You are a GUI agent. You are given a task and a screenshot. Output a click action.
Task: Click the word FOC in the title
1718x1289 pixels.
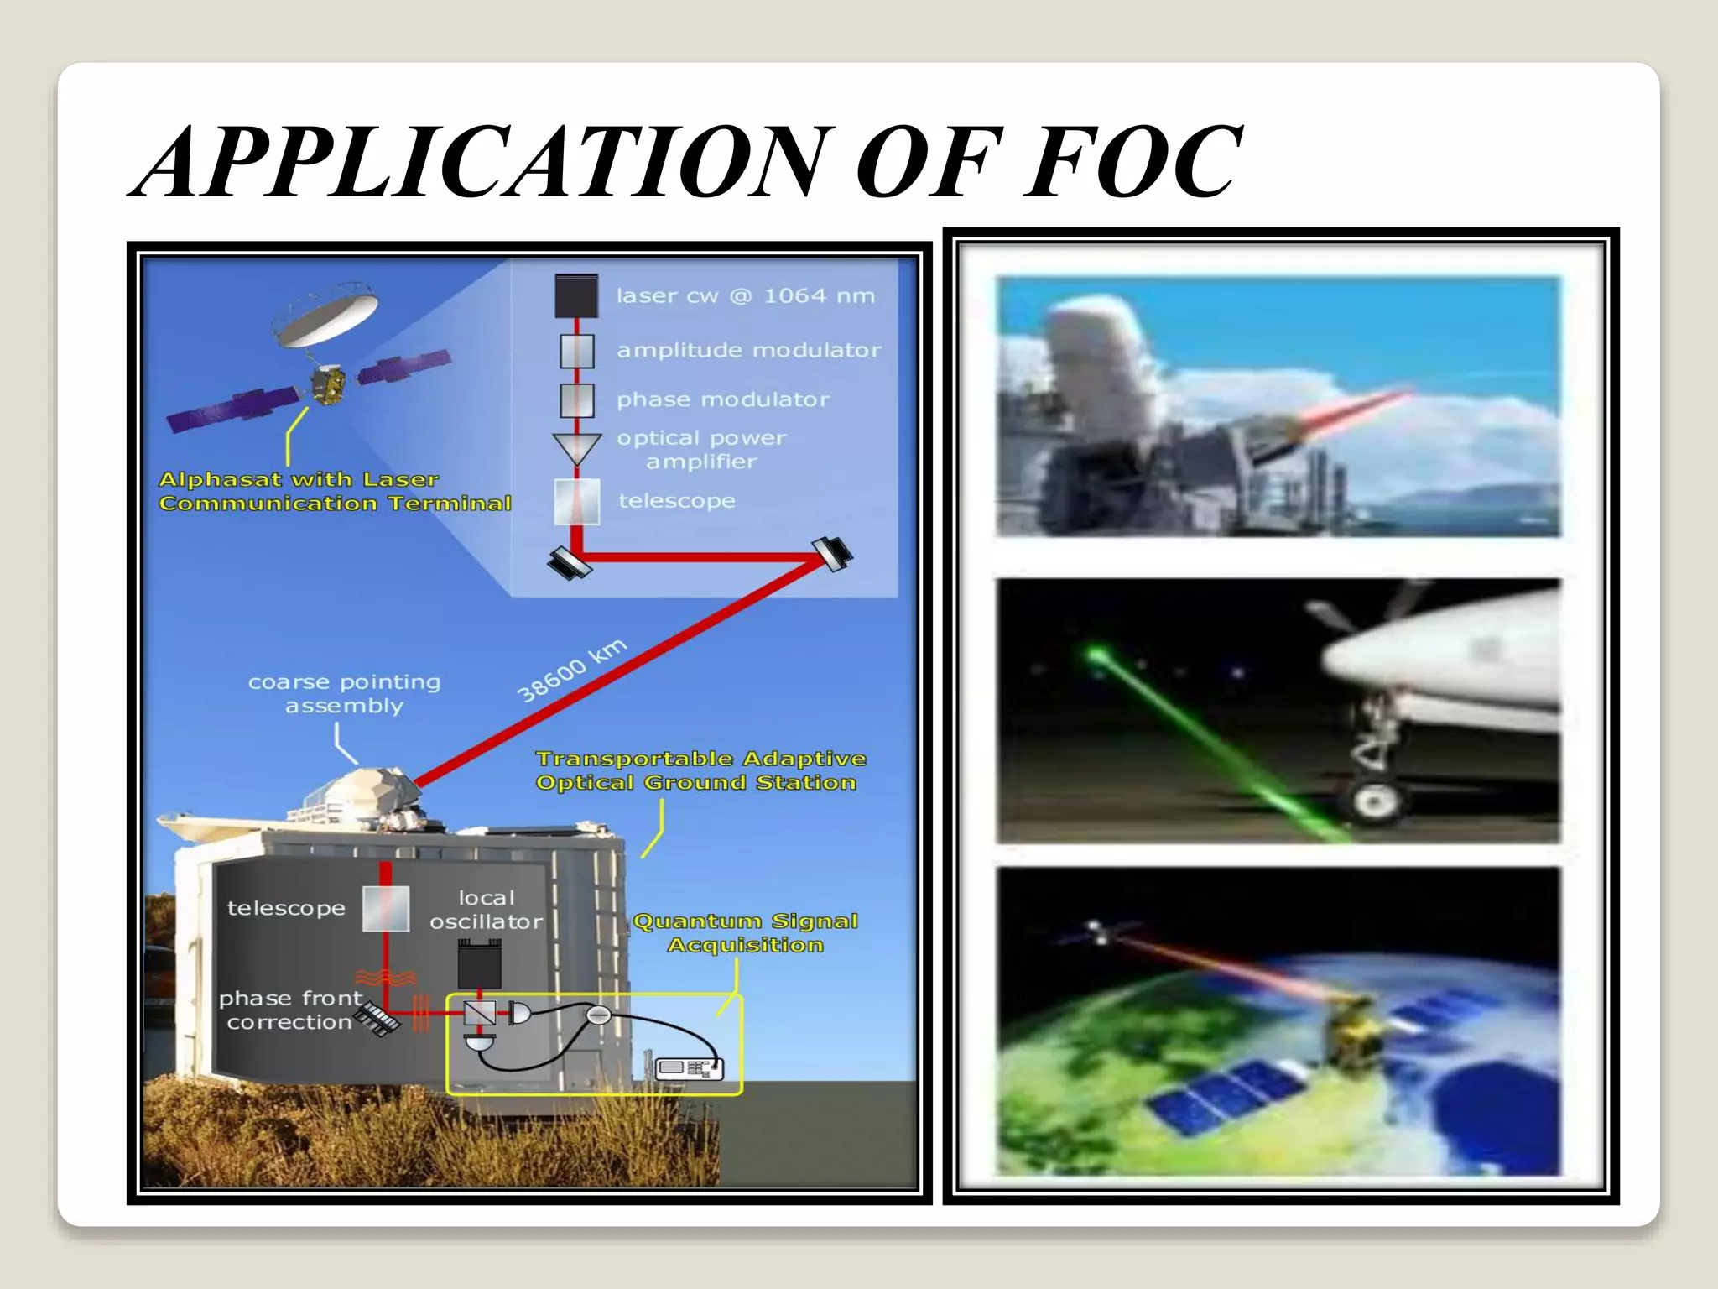click(1132, 161)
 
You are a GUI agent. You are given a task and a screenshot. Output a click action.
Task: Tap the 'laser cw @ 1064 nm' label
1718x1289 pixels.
click(745, 295)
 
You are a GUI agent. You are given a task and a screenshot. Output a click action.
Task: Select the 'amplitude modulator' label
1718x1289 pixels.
click(748, 350)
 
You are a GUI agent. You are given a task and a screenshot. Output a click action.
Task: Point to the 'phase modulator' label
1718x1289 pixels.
click(723, 399)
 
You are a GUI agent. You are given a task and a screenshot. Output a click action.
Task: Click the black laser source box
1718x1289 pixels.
click(576, 295)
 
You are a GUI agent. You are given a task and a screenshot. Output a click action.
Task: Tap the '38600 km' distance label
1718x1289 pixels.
click(571, 671)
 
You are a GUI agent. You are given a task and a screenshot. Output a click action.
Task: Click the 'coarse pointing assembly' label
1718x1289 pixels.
click(344, 694)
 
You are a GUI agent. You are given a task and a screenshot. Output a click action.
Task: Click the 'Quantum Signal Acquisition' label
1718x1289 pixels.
click(745, 933)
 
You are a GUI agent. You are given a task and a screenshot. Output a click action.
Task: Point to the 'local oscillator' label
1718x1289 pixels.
click(486, 910)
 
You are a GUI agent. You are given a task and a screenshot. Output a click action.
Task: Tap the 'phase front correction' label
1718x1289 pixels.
click(289, 1010)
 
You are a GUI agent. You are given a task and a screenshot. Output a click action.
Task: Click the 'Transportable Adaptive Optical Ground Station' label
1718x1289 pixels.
click(700, 770)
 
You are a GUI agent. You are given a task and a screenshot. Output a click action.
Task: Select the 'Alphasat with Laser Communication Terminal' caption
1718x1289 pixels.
click(334, 491)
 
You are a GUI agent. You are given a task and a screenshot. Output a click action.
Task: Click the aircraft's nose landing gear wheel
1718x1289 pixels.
click(1375, 801)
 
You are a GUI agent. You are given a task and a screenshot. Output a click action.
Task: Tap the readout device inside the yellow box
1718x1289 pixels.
click(688, 1068)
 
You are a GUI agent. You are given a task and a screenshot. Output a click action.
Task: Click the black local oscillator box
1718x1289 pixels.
click(480, 963)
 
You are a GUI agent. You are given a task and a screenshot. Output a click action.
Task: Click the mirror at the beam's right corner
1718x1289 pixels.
click(832, 552)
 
